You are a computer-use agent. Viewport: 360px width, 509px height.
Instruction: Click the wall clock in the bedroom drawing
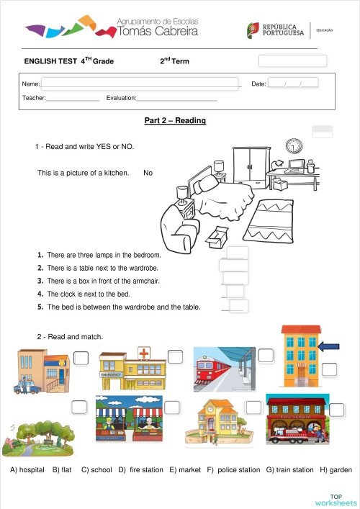pos(294,146)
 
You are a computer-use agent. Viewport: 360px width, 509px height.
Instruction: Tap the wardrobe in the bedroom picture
pos(252,165)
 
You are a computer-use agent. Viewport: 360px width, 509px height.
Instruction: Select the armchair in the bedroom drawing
pos(179,218)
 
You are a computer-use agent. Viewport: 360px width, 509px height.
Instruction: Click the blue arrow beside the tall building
pos(328,348)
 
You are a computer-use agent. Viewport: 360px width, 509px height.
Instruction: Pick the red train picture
pos(223,369)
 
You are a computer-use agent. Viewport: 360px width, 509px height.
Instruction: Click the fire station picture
pos(297,419)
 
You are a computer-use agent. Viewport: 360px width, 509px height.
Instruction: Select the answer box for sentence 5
pos(238,307)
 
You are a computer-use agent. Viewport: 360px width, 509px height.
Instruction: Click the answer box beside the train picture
pos(266,356)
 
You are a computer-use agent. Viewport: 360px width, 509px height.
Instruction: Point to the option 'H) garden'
pos(336,470)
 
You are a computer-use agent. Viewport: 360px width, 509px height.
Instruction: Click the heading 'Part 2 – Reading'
pos(175,120)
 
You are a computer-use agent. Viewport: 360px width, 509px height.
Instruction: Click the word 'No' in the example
pos(148,173)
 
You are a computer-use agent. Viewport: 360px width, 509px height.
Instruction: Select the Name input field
pos(140,84)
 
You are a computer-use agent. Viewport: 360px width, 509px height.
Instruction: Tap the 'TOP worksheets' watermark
pos(336,500)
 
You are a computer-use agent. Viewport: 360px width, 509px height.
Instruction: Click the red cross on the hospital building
pos(144,353)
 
